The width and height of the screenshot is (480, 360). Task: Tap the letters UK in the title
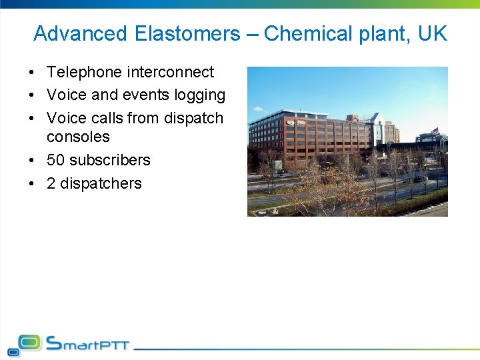pyautogui.click(x=433, y=33)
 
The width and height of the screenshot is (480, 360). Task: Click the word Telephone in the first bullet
pyautogui.click(x=84, y=72)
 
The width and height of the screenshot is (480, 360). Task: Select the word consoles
pyautogui.click(x=78, y=137)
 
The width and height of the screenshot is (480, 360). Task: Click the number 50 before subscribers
pyautogui.click(x=56, y=160)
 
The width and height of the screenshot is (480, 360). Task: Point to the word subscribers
pyautogui.click(x=110, y=160)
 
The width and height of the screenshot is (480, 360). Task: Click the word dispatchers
pyautogui.click(x=101, y=183)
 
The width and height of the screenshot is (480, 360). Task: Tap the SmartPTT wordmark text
pyautogui.click(x=87, y=344)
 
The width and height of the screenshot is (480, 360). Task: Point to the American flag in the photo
pyautogui.click(x=434, y=132)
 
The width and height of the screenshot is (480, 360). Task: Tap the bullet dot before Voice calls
pyautogui.click(x=32, y=119)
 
